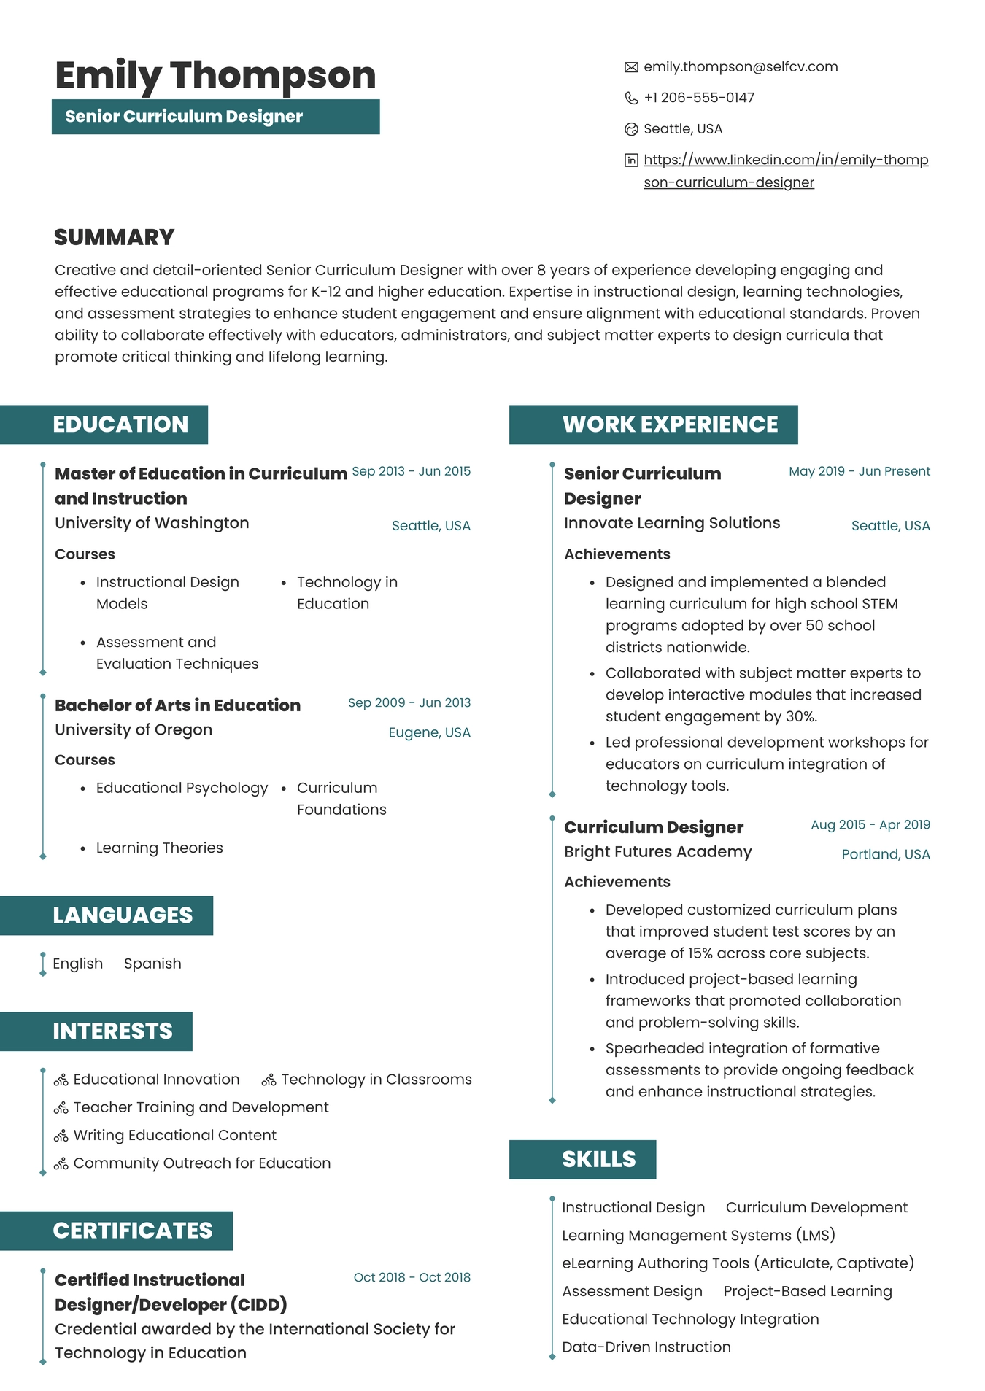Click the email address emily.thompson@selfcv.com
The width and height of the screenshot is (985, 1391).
coord(740,67)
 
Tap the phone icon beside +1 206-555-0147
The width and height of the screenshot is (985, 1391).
coord(631,98)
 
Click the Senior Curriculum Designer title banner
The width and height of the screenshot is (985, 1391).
coord(215,117)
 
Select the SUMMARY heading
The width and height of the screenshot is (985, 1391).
coord(115,237)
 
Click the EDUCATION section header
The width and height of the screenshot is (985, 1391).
coord(120,425)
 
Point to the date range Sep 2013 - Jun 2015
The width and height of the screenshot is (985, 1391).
coord(411,471)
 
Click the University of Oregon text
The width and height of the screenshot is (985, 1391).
coord(134,729)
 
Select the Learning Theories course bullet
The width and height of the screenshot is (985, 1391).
coord(159,848)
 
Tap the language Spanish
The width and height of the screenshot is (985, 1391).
coord(152,964)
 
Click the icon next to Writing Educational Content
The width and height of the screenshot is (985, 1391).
coord(61,1136)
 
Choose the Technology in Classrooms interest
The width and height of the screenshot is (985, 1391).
coord(376,1080)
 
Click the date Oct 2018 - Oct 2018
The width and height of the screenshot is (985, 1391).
coord(412,1277)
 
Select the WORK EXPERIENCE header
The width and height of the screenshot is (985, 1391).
coord(670,425)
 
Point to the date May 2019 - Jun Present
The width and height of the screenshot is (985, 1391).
coord(859,471)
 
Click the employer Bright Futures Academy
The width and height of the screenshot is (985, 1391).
coord(657,852)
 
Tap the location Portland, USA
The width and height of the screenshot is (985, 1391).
coord(885,854)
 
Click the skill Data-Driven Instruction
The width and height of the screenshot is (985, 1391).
coord(646,1347)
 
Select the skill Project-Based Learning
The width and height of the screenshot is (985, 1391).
coord(807,1291)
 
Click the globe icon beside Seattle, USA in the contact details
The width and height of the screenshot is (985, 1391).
coord(631,129)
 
